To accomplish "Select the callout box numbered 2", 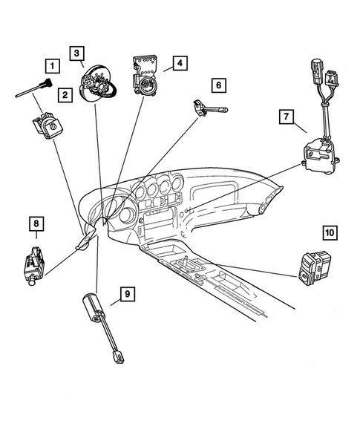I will click(x=66, y=94).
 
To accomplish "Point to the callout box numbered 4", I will click(x=180, y=62).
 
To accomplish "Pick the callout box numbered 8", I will click(x=36, y=222).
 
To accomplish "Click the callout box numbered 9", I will click(x=128, y=295).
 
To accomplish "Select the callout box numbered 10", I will click(x=330, y=232).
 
